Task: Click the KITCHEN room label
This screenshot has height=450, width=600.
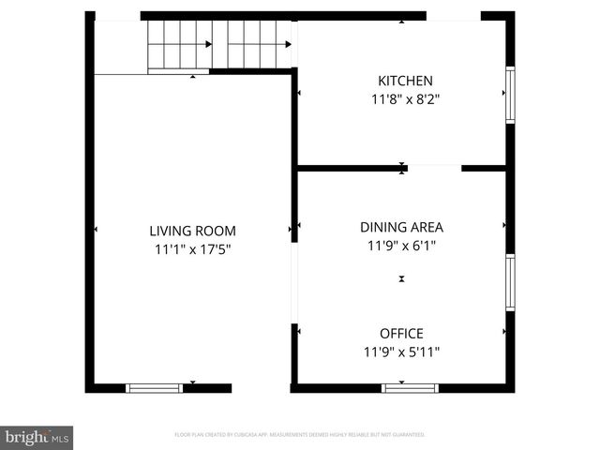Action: point(405,81)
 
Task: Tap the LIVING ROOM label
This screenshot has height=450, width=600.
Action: point(192,231)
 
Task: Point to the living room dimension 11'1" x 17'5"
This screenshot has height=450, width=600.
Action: point(192,249)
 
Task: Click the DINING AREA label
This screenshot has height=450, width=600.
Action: point(401,227)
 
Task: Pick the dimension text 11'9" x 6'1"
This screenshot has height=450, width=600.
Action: point(401,246)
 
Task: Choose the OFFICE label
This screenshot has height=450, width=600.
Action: point(401,334)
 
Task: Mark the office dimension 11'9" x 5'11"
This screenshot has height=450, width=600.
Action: point(401,352)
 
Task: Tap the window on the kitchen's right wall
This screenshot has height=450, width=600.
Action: point(510,95)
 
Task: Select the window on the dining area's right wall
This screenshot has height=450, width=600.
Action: point(510,282)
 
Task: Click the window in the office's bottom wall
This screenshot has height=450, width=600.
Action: point(410,387)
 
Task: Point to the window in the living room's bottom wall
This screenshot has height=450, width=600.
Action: point(155,387)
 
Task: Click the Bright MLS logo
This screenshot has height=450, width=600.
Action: point(37,437)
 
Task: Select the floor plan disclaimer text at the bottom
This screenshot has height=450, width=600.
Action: point(300,435)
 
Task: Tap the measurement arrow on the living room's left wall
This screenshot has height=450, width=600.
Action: point(96,228)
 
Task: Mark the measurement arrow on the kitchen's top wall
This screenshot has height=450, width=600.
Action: point(402,21)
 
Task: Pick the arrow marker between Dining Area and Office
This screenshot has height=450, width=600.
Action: point(402,279)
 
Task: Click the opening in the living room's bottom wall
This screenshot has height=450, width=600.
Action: point(261,387)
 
